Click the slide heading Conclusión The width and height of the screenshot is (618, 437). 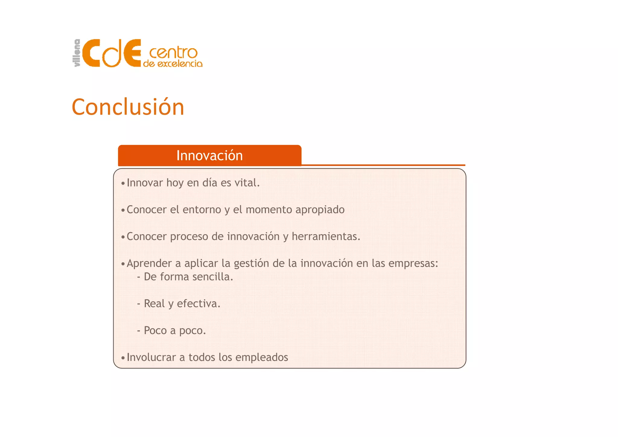click(128, 107)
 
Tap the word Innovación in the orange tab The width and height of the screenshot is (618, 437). click(209, 156)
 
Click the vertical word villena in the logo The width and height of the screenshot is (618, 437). click(77, 53)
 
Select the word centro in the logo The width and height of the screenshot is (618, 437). click(173, 53)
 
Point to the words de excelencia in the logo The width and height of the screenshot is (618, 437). click(173, 64)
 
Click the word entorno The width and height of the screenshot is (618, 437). click(202, 210)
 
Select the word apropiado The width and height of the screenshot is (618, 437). click(320, 210)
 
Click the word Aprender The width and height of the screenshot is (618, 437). click(149, 263)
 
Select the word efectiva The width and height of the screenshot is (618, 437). click(198, 304)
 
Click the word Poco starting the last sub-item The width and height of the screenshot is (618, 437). click(155, 330)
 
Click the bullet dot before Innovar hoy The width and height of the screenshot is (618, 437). click(123, 183)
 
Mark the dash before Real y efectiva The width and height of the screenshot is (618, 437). click(139, 304)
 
